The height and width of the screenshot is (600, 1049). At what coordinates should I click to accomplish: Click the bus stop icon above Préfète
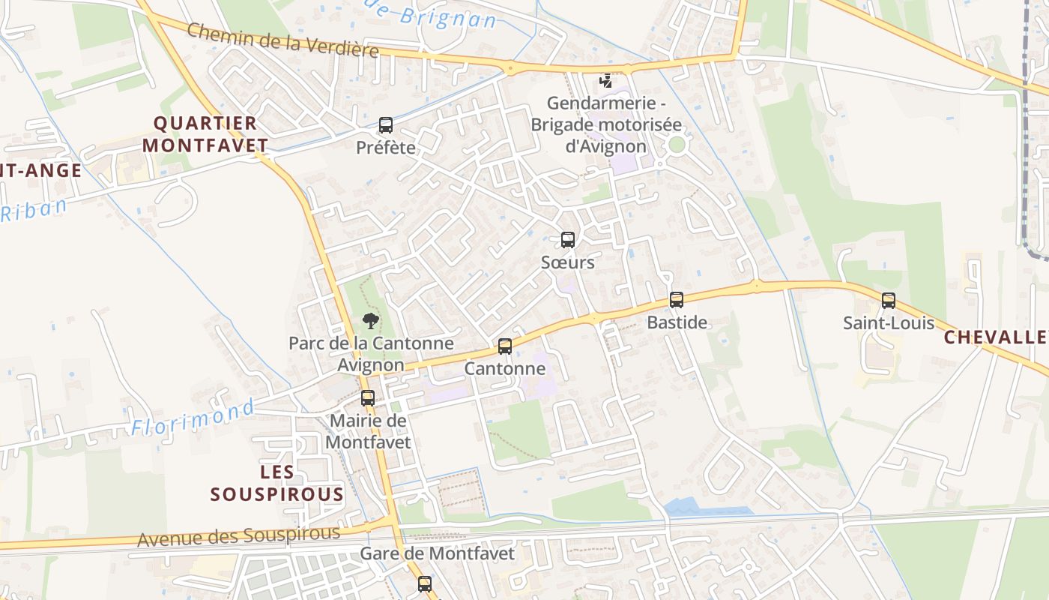pyautogui.click(x=386, y=125)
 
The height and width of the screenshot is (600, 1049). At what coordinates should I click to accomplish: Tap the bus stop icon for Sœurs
pyautogui.click(x=568, y=240)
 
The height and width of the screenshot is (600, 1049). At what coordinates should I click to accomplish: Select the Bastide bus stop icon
pyautogui.click(x=677, y=300)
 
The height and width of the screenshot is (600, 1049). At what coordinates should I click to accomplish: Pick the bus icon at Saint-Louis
pyautogui.click(x=889, y=301)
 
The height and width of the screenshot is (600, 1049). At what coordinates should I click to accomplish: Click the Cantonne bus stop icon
pyautogui.click(x=505, y=346)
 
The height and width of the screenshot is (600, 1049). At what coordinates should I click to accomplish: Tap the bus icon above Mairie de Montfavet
pyautogui.click(x=368, y=398)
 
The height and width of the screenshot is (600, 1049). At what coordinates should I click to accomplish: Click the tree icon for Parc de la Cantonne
pyautogui.click(x=370, y=322)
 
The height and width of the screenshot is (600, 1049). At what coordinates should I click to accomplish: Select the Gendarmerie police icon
pyautogui.click(x=605, y=81)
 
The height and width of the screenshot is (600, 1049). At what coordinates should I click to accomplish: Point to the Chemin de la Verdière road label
pyautogui.click(x=282, y=40)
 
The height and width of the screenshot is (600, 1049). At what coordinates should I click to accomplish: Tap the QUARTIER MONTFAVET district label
pyautogui.click(x=205, y=134)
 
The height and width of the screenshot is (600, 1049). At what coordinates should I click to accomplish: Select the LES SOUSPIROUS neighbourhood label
pyautogui.click(x=276, y=484)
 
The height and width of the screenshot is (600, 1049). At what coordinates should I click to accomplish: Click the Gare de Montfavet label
pyautogui.click(x=438, y=554)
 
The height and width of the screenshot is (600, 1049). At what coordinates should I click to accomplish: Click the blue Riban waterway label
pyautogui.click(x=34, y=210)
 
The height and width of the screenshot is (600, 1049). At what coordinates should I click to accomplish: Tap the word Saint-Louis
pyautogui.click(x=889, y=323)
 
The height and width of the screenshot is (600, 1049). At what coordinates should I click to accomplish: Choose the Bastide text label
pyautogui.click(x=677, y=322)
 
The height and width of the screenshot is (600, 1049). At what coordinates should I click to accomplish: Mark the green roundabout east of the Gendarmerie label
pyautogui.click(x=677, y=145)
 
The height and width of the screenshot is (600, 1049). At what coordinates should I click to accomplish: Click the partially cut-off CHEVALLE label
pyautogui.click(x=996, y=337)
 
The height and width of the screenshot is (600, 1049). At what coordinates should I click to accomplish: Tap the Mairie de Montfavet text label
pyautogui.click(x=368, y=431)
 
